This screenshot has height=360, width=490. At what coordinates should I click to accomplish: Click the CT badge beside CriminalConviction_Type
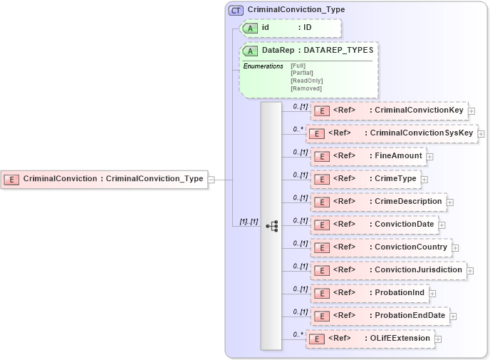click(x=236, y=11)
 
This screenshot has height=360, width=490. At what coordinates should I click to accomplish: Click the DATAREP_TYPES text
click(x=338, y=51)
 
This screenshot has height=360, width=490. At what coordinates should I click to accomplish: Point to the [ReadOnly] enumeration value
click(x=306, y=81)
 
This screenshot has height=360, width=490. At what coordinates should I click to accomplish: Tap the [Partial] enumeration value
click(x=302, y=73)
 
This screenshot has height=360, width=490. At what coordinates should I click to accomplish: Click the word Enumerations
click(x=263, y=66)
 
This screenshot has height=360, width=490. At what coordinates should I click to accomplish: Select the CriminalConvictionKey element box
click(x=389, y=110)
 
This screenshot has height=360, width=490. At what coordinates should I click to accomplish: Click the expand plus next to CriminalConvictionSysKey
click(x=481, y=133)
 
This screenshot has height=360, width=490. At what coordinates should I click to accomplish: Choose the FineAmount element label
click(x=398, y=155)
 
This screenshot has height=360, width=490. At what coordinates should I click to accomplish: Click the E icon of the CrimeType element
click(x=321, y=179)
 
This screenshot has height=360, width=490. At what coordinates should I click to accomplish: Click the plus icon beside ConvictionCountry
click(x=456, y=248)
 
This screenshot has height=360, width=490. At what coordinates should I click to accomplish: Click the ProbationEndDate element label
click(x=410, y=316)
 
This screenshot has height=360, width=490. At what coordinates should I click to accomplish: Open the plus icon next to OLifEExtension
click(x=439, y=339)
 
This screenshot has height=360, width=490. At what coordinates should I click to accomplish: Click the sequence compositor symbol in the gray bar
click(x=271, y=225)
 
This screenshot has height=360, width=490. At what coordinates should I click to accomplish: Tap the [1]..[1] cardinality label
click(x=248, y=222)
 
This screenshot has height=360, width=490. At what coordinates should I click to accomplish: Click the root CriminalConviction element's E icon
click(x=11, y=180)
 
